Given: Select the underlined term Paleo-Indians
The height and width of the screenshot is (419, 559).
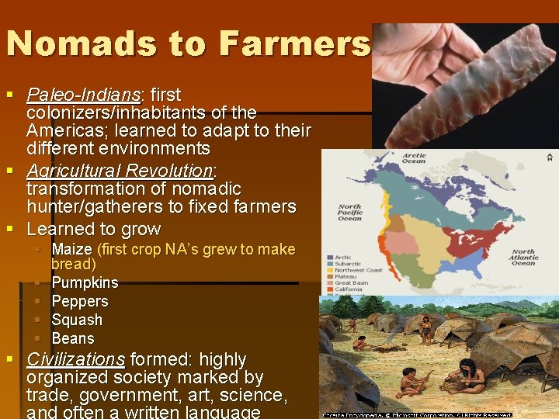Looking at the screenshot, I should pyautogui.click(x=82, y=95).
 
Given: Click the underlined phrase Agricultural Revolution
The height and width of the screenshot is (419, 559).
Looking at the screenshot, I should pyautogui.click(x=119, y=171).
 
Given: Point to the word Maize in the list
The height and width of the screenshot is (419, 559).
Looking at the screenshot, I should pyautogui.click(x=71, y=250).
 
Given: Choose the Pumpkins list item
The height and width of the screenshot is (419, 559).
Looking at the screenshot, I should pyautogui.click(x=85, y=282).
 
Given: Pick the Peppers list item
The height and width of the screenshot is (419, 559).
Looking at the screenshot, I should pyautogui.click(x=79, y=301).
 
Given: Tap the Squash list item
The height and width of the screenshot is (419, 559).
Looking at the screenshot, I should pyautogui.click(x=77, y=320).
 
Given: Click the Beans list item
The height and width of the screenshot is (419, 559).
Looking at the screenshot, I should pyautogui.click(x=73, y=338).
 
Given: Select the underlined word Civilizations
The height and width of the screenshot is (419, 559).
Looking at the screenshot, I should pyautogui.click(x=75, y=360).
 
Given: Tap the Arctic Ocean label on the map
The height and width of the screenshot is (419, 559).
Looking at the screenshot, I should pyautogui.click(x=414, y=158).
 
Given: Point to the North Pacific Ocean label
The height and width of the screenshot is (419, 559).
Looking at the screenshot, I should pyautogui.click(x=349, y=213).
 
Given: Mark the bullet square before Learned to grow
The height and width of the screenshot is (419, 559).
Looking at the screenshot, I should pyautogui.click(x=10, y=230).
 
